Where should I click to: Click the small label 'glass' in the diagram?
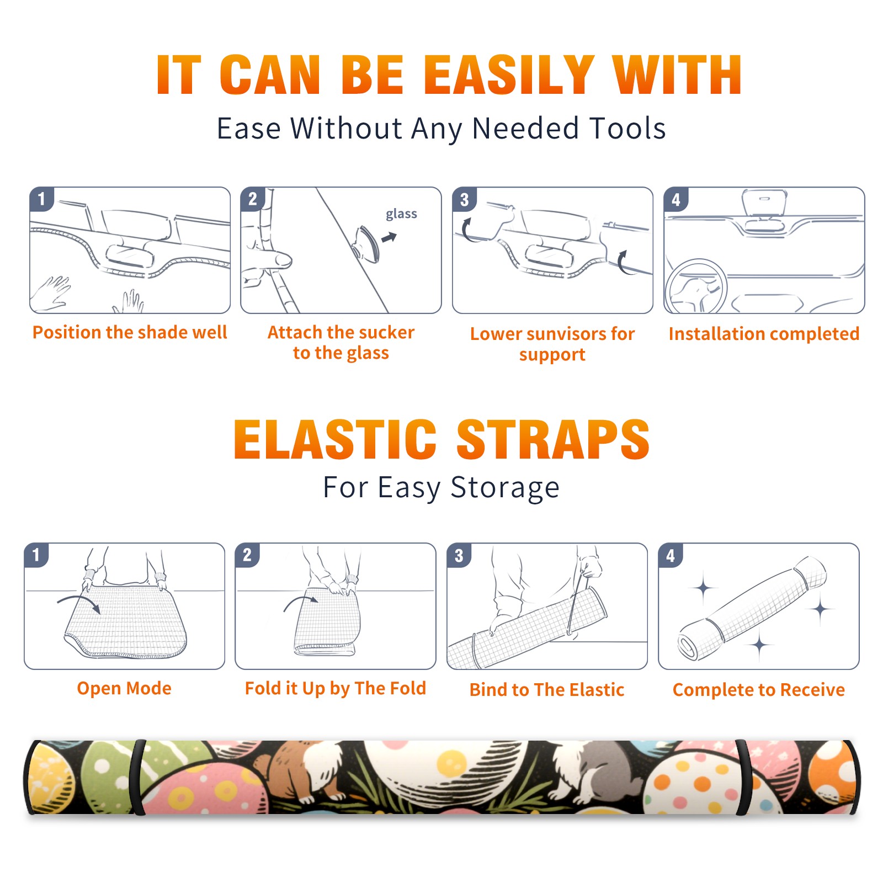401,214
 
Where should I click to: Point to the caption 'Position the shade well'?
130,332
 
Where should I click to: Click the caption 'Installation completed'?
764,333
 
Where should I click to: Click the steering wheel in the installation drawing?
696,287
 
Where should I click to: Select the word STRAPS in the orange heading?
553,439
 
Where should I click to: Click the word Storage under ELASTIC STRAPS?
505,488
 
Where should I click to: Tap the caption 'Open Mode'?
124,688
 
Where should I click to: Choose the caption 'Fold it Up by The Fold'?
336,689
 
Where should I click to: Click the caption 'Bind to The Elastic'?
547,690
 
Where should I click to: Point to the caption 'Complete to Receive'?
759,690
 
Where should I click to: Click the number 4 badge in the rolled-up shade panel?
671,555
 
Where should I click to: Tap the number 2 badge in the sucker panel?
253,199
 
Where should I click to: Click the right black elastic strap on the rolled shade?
743,778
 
